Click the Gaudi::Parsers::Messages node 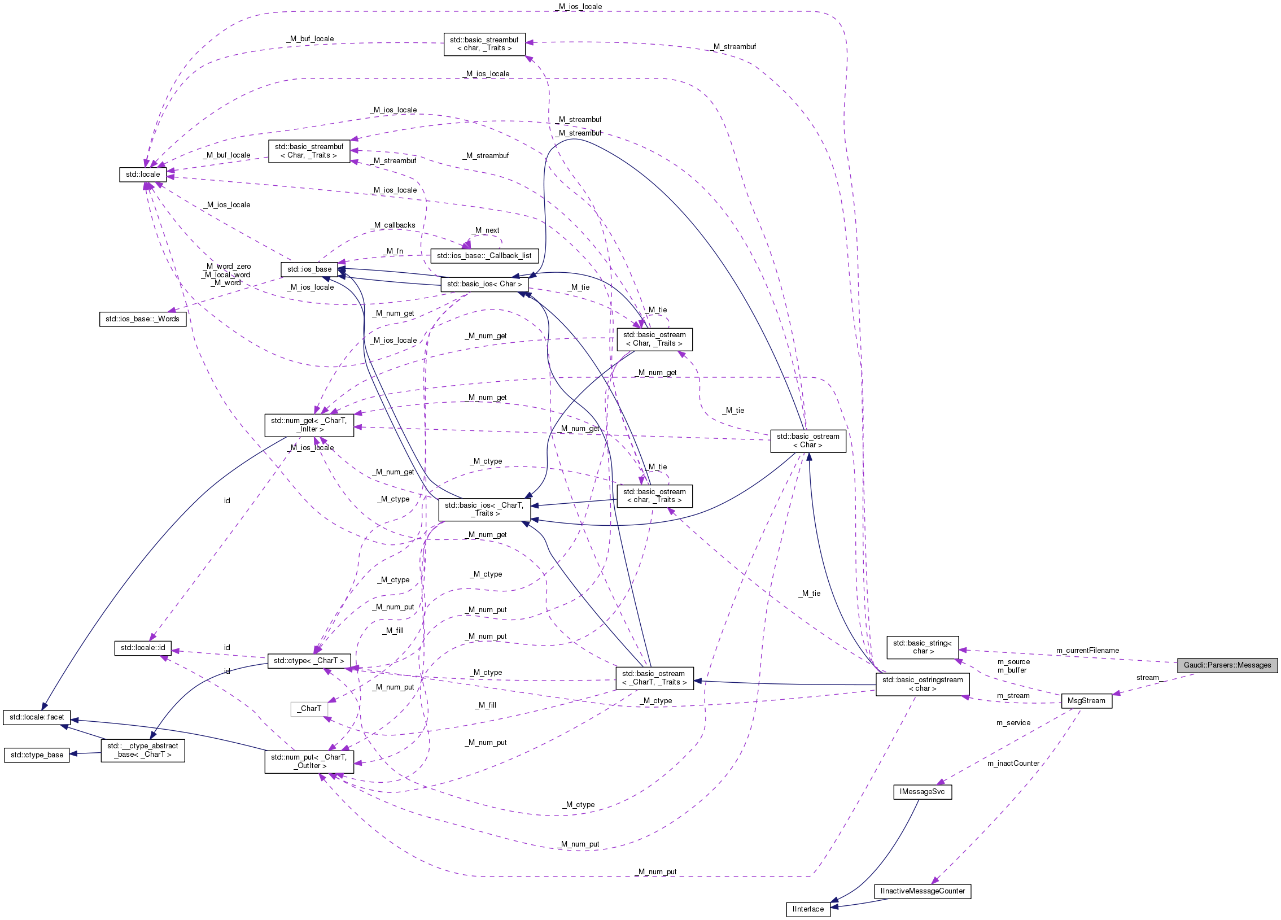pos(1227,665)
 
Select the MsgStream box pos(1086,701)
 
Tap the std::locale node pos(143,175)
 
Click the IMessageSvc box pos(922,792)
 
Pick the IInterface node pos(808,909)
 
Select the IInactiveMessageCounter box pos(923,891)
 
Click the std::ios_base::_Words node pos(142,319)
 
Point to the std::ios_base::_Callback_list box pos(484,256)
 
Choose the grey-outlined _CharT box pos(309,709)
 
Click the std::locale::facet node pos(37,717)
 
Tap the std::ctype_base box pos(37,755)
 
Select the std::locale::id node pos(143,648)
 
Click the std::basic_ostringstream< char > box pos(923,684)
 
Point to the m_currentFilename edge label pos(1087,651)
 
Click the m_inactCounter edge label pos(1013,764)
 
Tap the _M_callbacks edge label pos(393,225)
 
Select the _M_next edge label pos(487,230)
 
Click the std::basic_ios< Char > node pos(484,284)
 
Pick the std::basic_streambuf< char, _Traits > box pos(484,44)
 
